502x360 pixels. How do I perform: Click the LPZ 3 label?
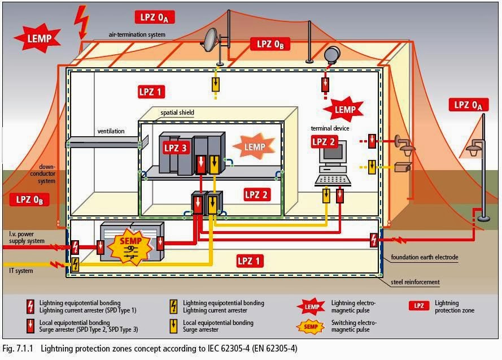point(176,149)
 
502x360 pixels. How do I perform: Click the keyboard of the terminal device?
point(333,180)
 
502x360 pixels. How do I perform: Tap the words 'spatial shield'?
point(177,113)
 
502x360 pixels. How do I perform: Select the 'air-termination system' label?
point(137,35)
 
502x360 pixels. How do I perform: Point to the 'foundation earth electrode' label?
point(425,258)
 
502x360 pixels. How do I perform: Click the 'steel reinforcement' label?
point(415,282)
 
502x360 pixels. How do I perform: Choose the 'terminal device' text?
point(330,129)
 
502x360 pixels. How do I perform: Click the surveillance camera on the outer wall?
point(403,167)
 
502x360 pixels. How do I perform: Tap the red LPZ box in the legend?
point(418,306)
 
